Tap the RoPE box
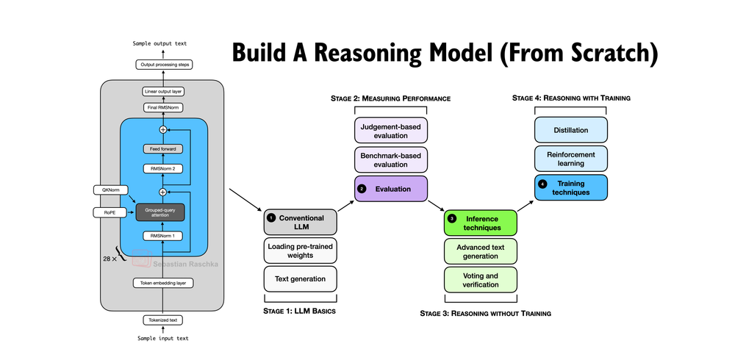click(x=110, y=212)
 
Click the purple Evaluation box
click(x=391, y=188)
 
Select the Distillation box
click(x=570, y=130)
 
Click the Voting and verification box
click(x=481, y=278)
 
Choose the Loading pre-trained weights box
click(x=300, y=251)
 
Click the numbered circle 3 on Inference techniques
click(x=452, y=219)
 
